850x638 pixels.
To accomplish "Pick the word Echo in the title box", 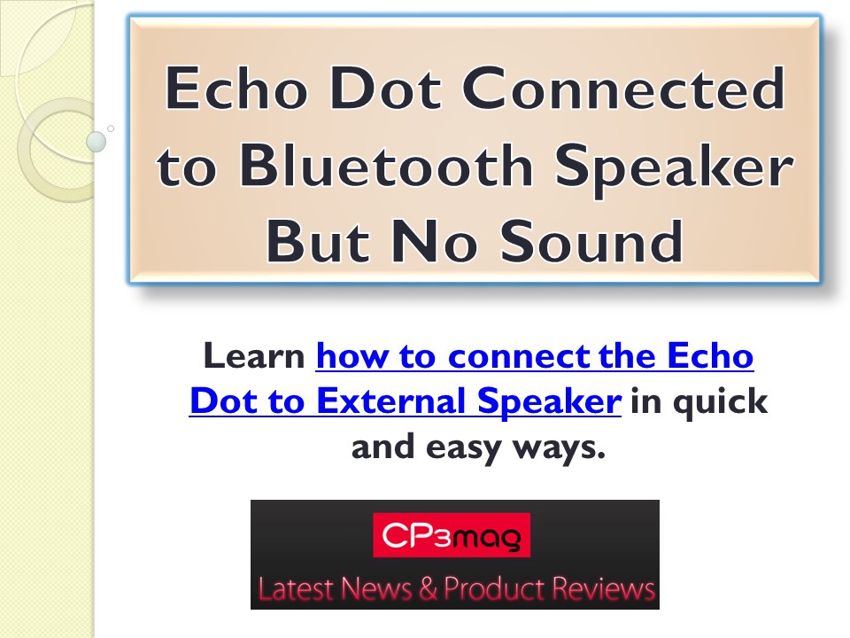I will pyautogui.click(x=233, y=90).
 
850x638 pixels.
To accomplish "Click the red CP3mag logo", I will pyautogui.click(x=452, y=534).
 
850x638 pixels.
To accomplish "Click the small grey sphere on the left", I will pyautogui.click(x=97, y=140).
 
